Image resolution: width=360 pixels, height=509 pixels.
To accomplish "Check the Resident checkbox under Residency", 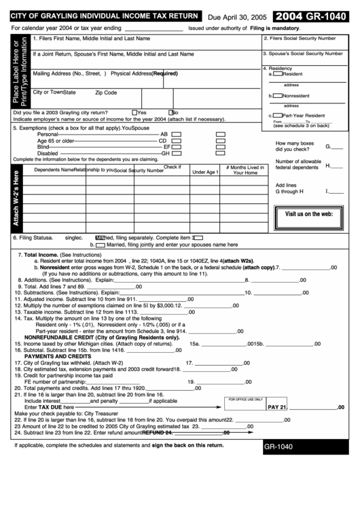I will tap(280, 74).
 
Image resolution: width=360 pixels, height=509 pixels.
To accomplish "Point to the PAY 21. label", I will tap(278, 407).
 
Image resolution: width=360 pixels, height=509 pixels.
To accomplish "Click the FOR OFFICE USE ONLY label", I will tap(245, 399).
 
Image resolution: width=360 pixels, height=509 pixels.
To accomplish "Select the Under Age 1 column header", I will tap(204, 172).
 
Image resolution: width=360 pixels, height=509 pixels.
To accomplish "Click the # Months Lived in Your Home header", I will tap(245, 170).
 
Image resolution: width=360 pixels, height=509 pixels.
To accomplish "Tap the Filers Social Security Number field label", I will tap(303, 39).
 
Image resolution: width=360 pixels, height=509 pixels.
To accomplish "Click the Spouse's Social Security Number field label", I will tap(303, 52).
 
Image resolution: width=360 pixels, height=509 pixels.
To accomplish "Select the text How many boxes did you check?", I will tap(294, 146).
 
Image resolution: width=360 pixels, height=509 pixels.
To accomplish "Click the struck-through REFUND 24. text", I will tap(158, 432).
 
